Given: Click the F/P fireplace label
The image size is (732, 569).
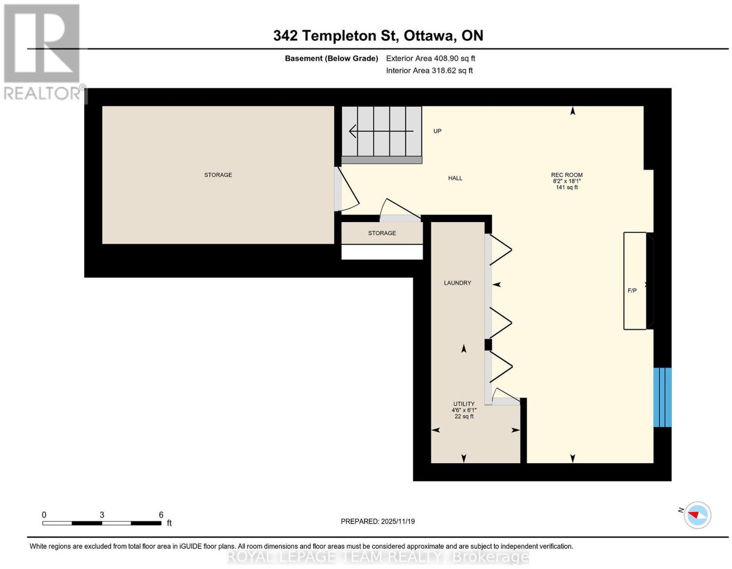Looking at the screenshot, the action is [x=632, y=290].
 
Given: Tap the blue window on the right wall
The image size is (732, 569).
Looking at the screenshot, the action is [x=662, y=397].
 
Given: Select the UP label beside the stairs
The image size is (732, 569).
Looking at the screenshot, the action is [x=437, y=131].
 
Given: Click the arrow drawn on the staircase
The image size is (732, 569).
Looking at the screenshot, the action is [x=382, y=131].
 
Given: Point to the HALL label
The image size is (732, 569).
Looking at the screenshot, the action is [x=455, y=178].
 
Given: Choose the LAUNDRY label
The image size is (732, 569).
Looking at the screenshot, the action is [x=457, y=283].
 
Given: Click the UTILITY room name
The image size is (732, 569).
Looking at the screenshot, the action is [x=464, y=404].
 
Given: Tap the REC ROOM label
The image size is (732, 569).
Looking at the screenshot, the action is [x=566, y=175].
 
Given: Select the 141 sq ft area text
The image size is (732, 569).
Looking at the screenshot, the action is [x=566, y=187].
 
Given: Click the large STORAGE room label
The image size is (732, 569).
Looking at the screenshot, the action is [x=218, y=175].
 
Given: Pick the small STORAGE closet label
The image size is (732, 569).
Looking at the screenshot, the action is [x=382, y=233].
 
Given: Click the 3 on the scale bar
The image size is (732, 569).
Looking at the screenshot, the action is [x=102, y=515].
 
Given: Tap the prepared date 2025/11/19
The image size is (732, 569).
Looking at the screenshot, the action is [x=398, y=521].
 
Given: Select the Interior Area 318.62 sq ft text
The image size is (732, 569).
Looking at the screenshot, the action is [x=429, y=71].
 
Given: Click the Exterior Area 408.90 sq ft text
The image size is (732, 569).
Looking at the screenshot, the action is [x=430, y=59].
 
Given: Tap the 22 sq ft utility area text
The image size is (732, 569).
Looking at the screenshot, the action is [x=464, y=417].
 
